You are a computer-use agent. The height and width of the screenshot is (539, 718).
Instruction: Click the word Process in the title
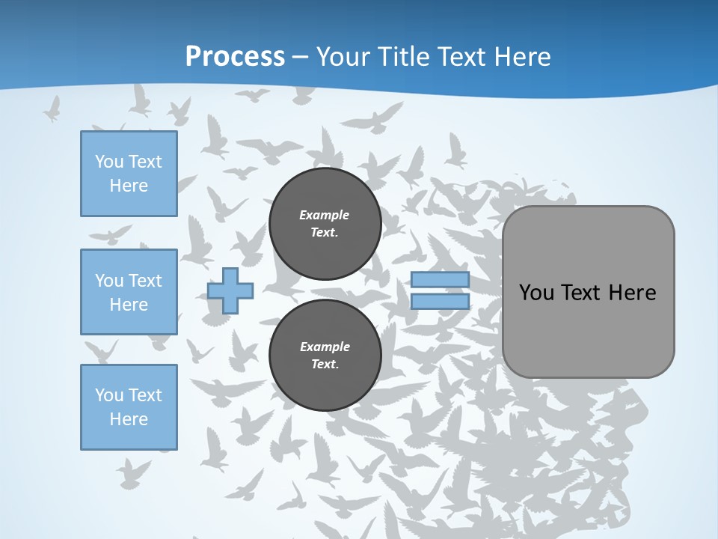(235, 56)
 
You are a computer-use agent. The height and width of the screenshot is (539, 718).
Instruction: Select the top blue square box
(129, 174)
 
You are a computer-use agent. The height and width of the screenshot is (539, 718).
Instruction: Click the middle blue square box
(129, 292)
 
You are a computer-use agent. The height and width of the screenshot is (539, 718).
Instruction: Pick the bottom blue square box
(129, 407)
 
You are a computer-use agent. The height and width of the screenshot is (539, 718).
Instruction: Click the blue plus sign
(230, 290)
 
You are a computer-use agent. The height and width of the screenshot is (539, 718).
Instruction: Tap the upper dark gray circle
(325, 224)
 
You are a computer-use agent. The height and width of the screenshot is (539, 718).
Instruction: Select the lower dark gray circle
(325, 356)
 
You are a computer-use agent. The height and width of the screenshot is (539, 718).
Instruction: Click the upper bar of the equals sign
(440, 279)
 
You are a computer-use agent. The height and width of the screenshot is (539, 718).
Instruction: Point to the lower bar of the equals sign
(440, 302)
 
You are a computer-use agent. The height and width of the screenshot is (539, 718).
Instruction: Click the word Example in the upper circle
(324, 215)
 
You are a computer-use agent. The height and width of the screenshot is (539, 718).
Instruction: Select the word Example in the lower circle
(324, 347)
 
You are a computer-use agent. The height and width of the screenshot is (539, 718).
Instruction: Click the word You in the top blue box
(108, 162)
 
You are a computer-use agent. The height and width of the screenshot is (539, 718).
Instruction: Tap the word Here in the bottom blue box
(129, 419)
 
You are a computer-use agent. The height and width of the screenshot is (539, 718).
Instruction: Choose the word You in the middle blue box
(108, 281)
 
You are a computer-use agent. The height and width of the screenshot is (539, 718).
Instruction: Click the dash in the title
(300, 57)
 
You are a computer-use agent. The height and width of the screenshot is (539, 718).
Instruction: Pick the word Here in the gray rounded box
(632, 293)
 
